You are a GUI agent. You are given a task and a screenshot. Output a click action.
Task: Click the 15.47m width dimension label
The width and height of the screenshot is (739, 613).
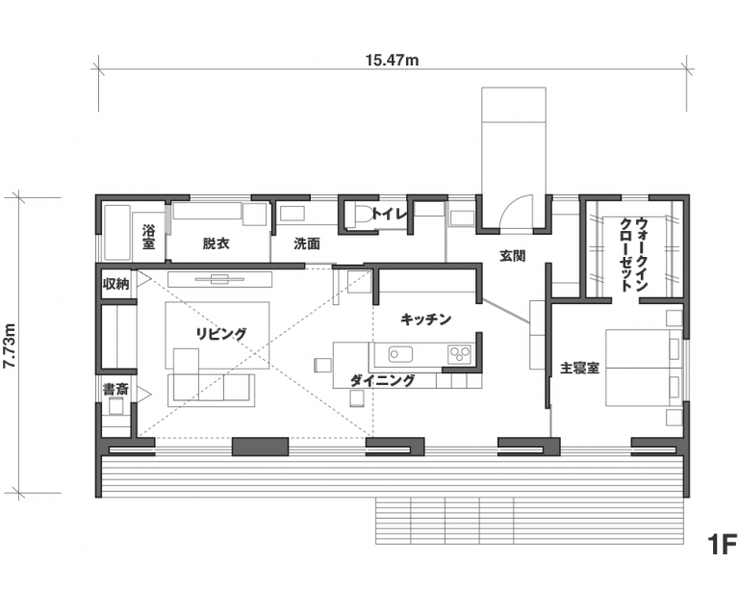pyautogui.click(x=393, y=61)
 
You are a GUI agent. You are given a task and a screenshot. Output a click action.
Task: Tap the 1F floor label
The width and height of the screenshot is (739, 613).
pyautogui.click(x=722, y=545)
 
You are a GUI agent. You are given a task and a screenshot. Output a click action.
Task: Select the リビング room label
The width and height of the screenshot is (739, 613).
pyautogui.click(x=221, y=334)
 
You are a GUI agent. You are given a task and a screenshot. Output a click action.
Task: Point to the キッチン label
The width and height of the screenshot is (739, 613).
pyautogui.click(x=426, y=319)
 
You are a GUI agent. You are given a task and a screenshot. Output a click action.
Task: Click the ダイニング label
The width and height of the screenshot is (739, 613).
pyautogui.click(x=383, y=380)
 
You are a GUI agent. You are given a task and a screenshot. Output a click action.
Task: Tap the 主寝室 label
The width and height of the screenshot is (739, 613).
pyautogui.click(x=579, y=368)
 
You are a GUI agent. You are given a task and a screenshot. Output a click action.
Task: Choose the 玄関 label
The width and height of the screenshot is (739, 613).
pyautogui.click(x=513, y=256)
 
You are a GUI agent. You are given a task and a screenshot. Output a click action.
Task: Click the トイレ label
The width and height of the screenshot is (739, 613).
pyautogui.click(x=389, y=215)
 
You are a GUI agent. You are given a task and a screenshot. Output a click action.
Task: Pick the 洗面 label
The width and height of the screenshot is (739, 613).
pyautogui.click(x=307, y=243)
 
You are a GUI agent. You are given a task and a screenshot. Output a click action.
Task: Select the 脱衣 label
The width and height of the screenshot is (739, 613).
pyautogui.click(x=216, y=243)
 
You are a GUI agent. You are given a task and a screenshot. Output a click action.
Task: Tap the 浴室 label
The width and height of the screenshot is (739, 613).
pyautogui.click(x=148, y=237)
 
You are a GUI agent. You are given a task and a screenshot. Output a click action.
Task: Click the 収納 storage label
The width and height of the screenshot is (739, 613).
pyautogui.click(x=115, y=284)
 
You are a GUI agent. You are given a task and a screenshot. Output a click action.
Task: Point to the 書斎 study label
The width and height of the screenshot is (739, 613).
pyautogui.click(x=115, y=389)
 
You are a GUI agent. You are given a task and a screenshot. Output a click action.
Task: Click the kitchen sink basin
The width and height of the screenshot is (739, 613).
pyautogui.click(x=400, y=354)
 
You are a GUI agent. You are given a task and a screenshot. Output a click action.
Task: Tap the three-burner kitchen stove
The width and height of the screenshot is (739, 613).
pyautogui.click(x=460, y=354)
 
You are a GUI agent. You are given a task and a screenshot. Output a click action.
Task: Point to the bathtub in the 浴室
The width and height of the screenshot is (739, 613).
pyautogui.click(x=116, y=232)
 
